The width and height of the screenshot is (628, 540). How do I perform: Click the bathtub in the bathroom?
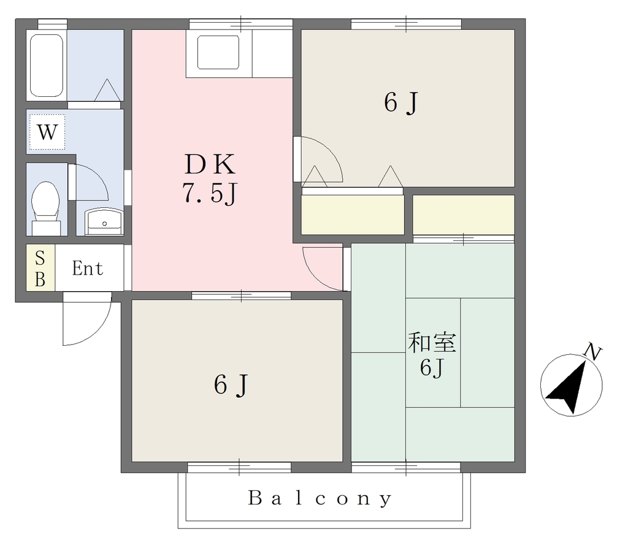tap(47, 66)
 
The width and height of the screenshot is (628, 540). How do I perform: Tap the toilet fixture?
tap(45, 208)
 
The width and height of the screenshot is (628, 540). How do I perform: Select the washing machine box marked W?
tap(47, 132)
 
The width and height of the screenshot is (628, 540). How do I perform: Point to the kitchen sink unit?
tap(219, 54)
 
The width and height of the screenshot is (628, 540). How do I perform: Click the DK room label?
tap(210, 164)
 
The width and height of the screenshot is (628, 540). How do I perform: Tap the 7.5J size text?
tap(210, 194)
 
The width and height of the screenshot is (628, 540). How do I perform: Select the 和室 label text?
tap(432, 343)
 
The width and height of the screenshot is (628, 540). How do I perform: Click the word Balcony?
tap(319, 499)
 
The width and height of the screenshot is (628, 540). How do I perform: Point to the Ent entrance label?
tap(88, 268)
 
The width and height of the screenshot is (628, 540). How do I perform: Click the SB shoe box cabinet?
tap(40, 268)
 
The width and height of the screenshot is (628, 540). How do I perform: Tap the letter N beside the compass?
tap(593, 352)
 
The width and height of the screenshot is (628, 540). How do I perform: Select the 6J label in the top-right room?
tap(401, 103)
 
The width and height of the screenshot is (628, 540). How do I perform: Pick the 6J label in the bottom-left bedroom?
tap(231, 385)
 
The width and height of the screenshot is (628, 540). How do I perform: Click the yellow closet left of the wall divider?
tap(353, 215)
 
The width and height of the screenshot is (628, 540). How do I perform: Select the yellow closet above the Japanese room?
tap(464, 215)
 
